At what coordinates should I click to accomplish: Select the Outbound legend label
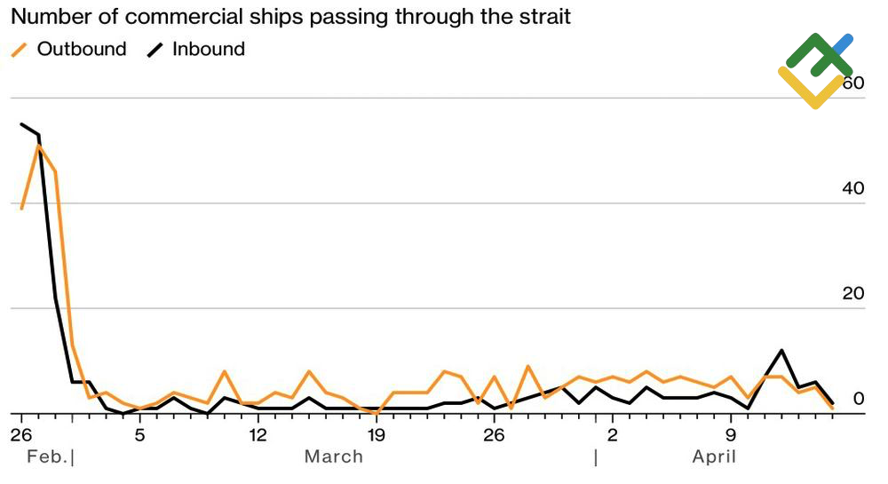[x=82, y=49]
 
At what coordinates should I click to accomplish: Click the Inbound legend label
[x=209, y=49]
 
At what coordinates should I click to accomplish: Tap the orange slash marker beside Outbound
[x=20, y=50]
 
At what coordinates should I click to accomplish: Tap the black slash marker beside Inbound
[x=155, y=50]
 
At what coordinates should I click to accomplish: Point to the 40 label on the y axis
[x=852, y=188]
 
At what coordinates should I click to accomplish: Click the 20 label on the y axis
[x=852, y=294]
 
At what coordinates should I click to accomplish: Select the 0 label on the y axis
[x=859, y=399]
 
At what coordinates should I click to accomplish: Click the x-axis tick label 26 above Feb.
[x=20, y=435]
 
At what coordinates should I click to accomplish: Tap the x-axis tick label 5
[x=139, y=435]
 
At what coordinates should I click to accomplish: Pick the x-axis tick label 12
[x=258, y=435]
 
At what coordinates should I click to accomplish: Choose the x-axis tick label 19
[x=376, y=435]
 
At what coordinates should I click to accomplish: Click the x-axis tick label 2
[x=613, y=435]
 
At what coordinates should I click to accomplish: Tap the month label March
[x=334, y=456]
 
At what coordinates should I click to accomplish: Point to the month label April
[x=714, y=456]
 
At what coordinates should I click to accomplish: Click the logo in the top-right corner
[x=815, y=70]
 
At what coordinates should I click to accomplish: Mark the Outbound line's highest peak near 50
[x=38, y=145]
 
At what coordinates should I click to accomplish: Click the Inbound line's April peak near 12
[x=781, y=350]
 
